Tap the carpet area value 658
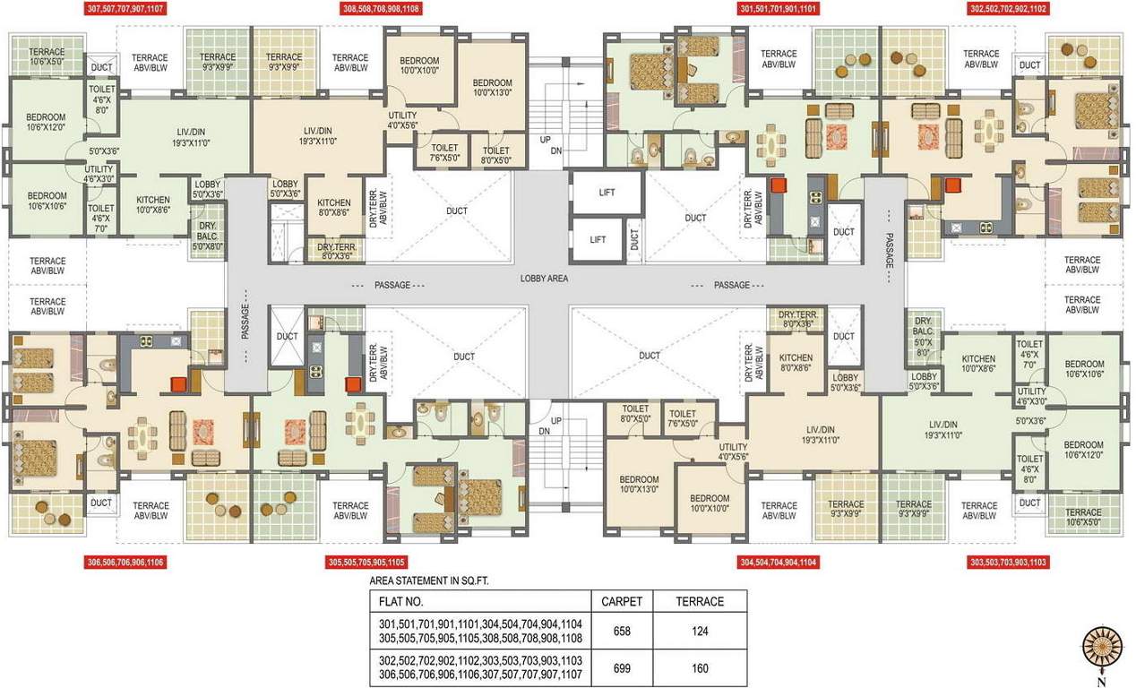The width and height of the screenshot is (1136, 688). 622,632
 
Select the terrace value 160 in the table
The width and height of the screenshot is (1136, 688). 700,668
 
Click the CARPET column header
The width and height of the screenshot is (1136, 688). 622,602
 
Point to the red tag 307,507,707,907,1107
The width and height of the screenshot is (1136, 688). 125,9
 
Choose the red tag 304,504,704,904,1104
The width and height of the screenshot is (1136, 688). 779,562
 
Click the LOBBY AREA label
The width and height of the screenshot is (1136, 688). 544,279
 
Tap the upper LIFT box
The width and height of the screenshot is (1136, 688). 607,192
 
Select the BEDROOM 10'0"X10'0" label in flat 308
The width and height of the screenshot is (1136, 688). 419,65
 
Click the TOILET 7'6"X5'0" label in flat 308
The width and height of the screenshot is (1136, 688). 444,152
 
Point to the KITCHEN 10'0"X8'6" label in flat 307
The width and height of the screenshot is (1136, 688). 153,205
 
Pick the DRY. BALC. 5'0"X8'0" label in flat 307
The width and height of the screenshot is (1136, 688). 208,236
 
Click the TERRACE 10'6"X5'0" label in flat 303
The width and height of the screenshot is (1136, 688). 1083,517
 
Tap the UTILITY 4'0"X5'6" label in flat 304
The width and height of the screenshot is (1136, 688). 734,451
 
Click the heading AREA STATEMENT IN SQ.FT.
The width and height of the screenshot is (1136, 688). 429,581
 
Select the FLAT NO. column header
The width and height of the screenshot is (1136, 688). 400,602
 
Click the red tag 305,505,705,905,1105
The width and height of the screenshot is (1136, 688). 366,562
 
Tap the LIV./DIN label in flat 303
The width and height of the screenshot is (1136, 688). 943,430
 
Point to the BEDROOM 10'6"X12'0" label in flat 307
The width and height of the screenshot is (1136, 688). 47,122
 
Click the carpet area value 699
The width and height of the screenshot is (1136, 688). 622,668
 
